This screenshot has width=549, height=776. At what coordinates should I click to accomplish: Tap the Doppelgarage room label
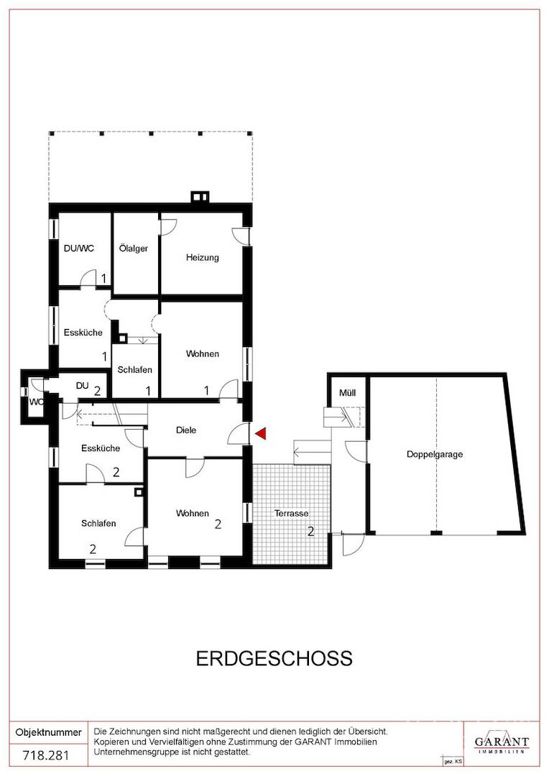pos(435,454)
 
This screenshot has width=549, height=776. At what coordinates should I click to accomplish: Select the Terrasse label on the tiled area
pos(292,513)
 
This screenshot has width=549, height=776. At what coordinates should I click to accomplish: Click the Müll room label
pos(348,393)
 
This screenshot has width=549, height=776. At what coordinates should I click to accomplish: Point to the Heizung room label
pos(203,257)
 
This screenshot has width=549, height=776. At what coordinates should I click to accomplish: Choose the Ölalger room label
pos(134,248)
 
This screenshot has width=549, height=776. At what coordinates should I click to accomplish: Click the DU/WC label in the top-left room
pos(79,249)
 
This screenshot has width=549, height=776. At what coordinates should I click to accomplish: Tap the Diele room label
pos(186,430)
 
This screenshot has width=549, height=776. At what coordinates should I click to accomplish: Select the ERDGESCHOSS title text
pos(274,658)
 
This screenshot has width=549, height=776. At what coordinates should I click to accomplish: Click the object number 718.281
pos(47,755)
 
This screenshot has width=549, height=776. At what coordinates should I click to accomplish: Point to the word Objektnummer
pos(49,732)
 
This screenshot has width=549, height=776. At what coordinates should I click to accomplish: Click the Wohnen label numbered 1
pos(203,354)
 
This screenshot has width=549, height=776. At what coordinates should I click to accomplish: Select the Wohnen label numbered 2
pos(193,513)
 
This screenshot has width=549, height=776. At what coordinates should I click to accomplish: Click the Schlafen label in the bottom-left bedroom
pos(98,523)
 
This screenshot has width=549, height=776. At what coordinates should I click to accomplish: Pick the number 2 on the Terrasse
pos(311,532)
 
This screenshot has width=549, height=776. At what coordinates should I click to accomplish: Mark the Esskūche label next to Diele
pos(101,448)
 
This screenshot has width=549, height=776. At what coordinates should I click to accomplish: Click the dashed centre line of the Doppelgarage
pos(437,454)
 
